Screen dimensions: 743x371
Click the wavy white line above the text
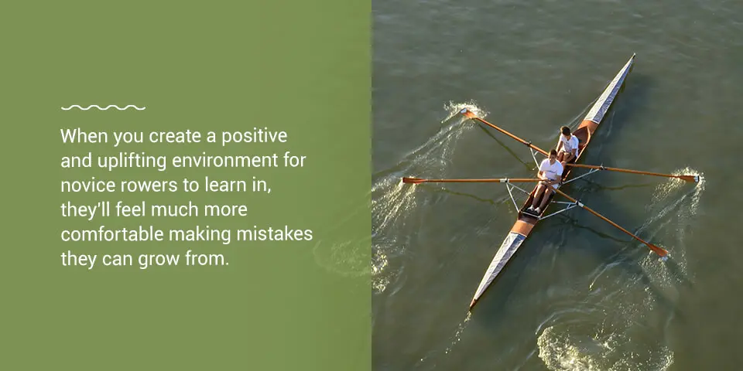tap(103, 108)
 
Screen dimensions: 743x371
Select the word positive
tap(255, 137)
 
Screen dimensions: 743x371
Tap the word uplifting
tap(132, 162)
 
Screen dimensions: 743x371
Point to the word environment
tap(225, 162)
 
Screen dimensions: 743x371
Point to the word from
tap(209, 260)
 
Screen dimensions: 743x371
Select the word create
tap(175, 137)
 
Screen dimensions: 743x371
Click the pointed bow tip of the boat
tap(634, 55)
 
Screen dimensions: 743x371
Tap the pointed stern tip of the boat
tap(471, 307)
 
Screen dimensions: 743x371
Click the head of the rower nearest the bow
tap(565, 131)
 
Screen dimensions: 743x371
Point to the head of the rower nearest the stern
tap(553, 155)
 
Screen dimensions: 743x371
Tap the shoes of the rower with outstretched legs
tap(532, 211)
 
